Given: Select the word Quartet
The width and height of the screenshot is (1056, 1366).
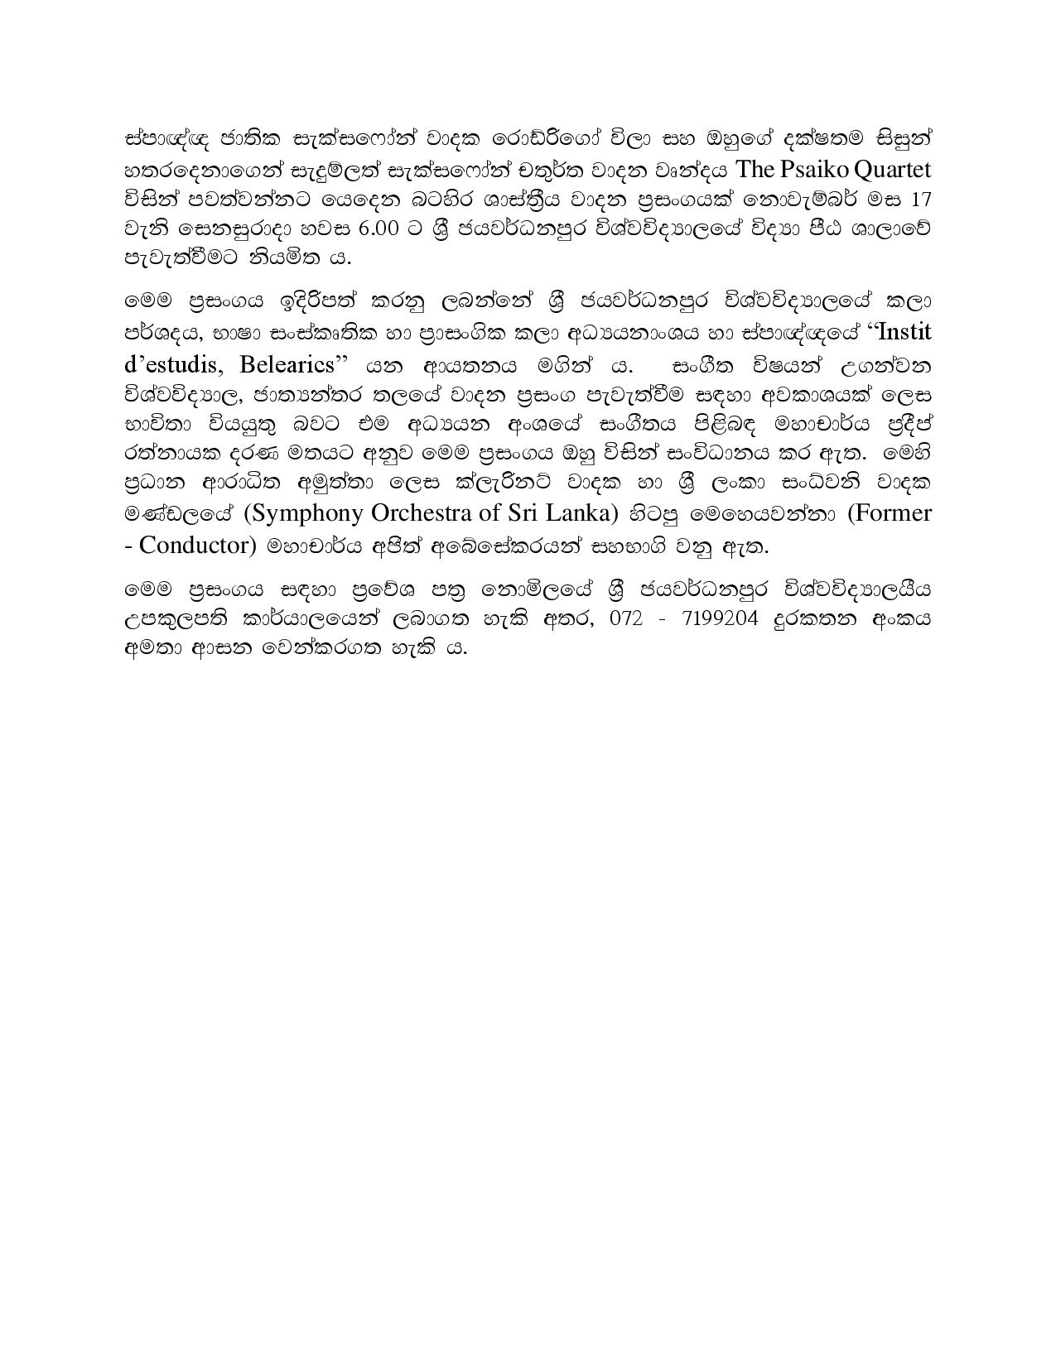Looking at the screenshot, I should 893,170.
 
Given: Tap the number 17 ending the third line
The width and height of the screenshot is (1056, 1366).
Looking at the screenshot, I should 920,200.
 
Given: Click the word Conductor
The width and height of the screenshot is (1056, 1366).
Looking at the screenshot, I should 200,545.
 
